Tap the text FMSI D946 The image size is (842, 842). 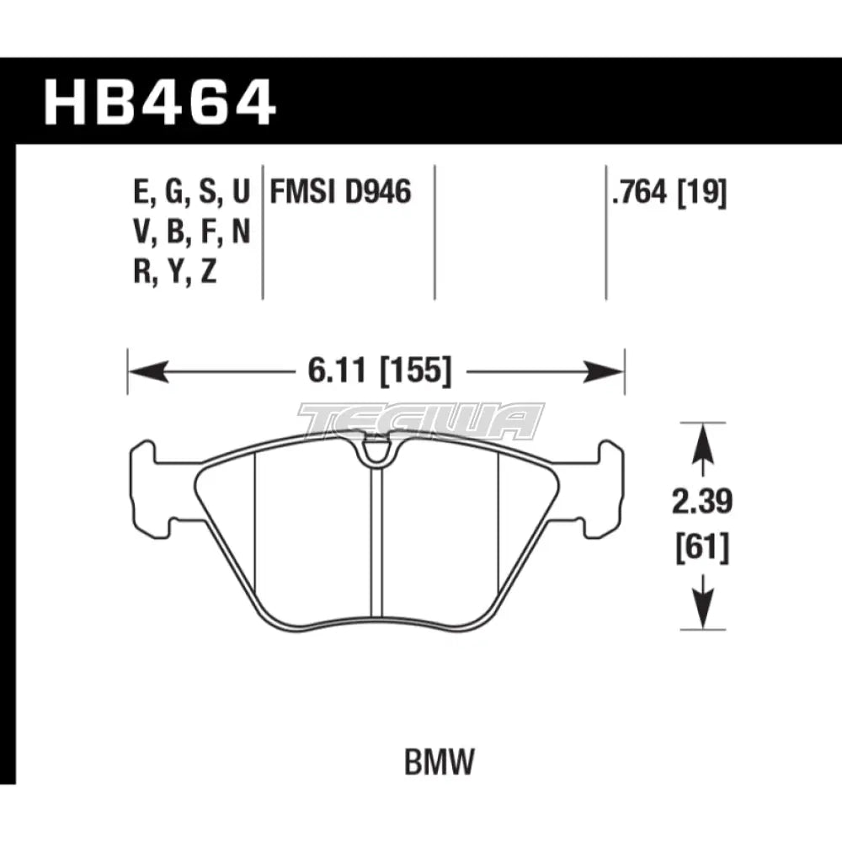coord(340,194)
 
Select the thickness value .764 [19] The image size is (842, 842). coord(669,195)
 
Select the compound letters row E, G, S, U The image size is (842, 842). coord(192,195)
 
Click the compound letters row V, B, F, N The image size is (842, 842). coord(192,233)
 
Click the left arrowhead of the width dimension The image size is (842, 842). coord(140,370)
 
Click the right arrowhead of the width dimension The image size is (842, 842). coord(612,370)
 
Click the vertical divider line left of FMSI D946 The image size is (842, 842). coord(263,232)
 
